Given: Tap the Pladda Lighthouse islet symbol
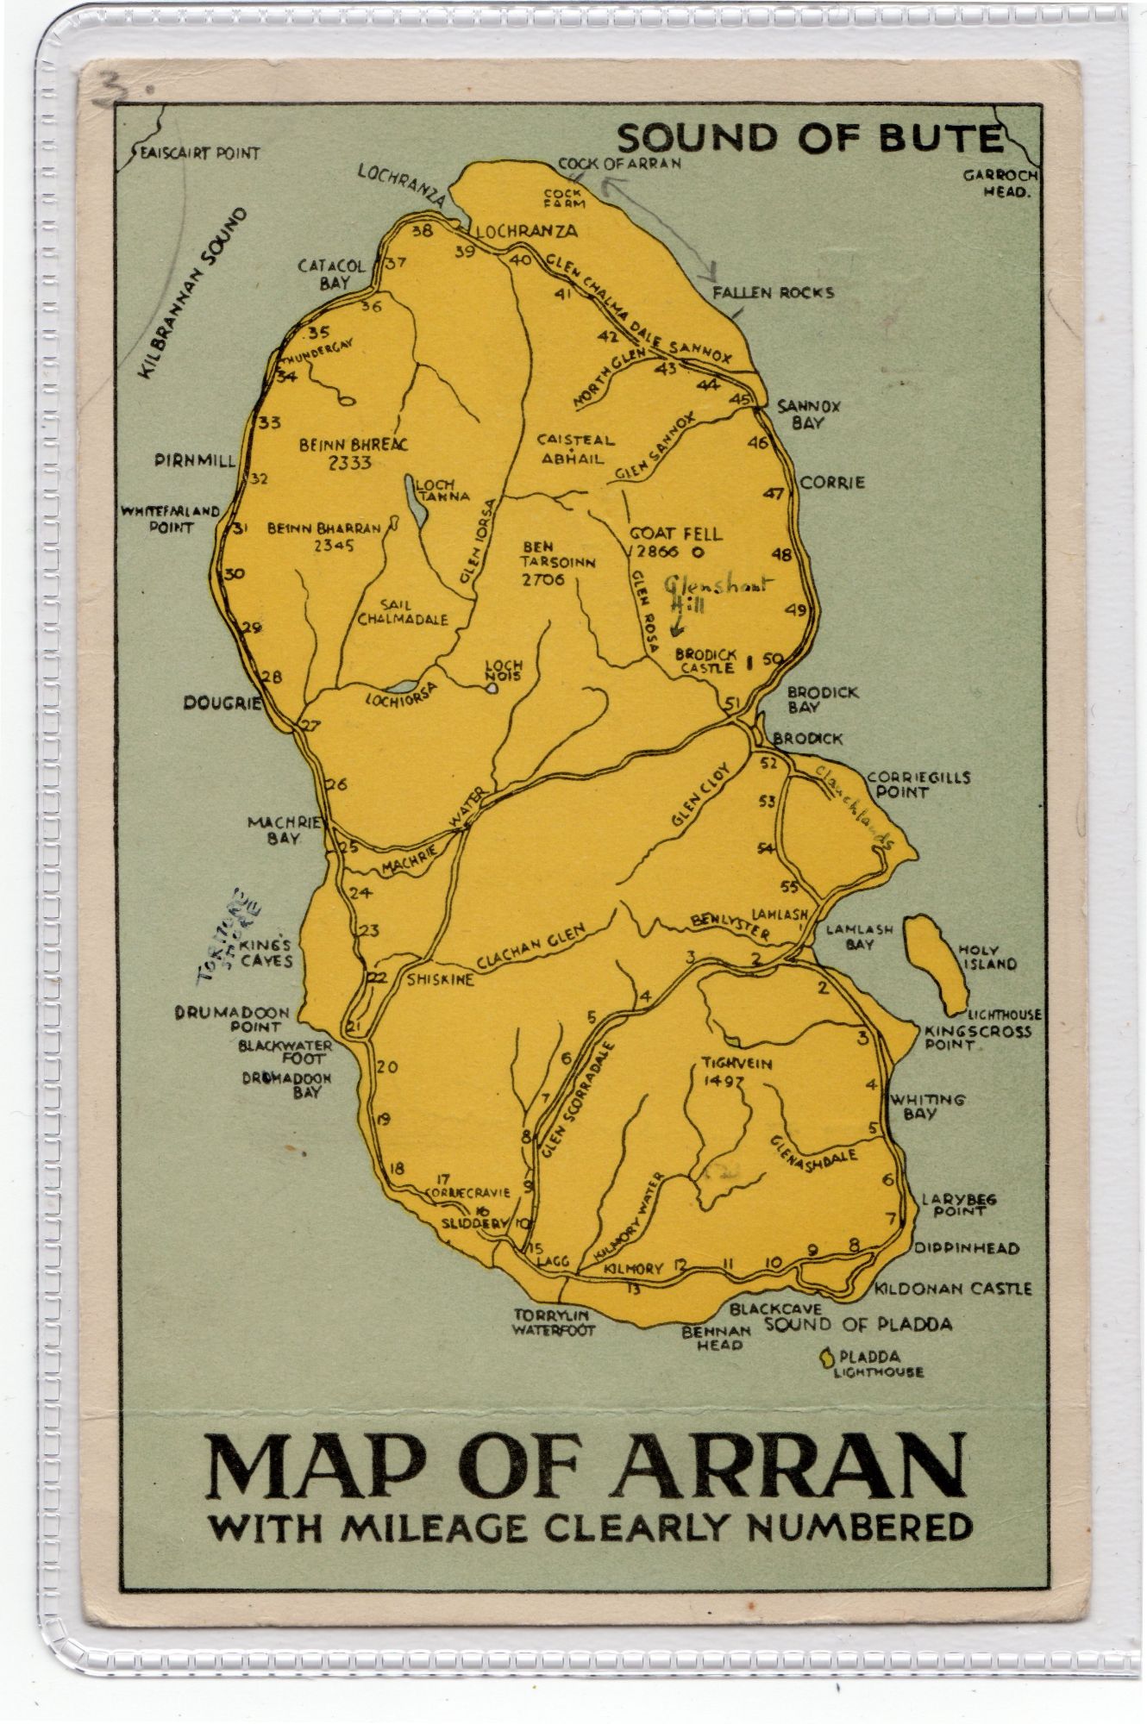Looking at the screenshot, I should point(826,1358).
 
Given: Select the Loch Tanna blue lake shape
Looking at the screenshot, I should point(415,509).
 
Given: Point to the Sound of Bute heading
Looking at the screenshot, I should point(812,138).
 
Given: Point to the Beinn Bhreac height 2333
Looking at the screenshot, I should point(349,462).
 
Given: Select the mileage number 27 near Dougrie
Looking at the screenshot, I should point(310,725).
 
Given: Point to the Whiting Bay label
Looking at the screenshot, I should point(926,1107).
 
